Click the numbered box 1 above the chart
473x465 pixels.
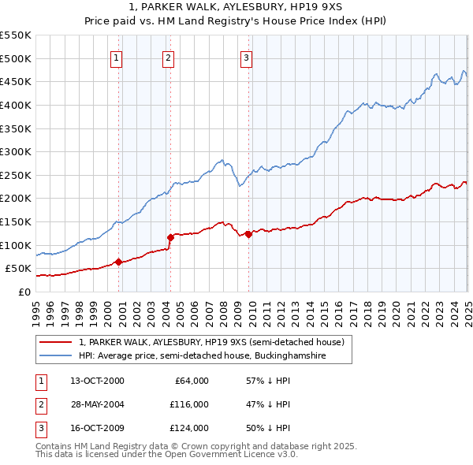click(116, 57)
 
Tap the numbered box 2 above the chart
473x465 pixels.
click(168, 57)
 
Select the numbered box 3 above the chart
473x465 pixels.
click(246, 57)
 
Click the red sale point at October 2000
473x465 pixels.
click(119, 262)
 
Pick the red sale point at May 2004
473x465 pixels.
click(170, 236)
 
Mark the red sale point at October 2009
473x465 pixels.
click(248, 233)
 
